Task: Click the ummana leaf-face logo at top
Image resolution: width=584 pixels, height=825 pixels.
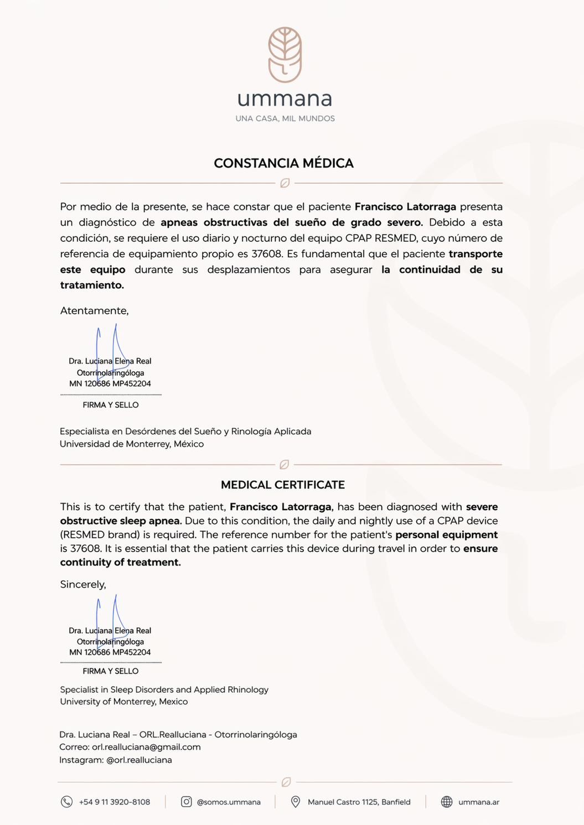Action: tap(285, 55)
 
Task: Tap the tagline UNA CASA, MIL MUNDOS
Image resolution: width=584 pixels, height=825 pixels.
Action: tap(285, 118)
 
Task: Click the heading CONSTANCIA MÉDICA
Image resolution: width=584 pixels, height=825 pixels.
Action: tap(283, 163)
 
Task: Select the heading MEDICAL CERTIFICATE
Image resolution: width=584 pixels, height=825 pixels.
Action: tap(283, 485)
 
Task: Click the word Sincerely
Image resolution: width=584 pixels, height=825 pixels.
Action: tap(83, 584)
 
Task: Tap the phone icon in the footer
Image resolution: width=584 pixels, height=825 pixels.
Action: tap(66, 802)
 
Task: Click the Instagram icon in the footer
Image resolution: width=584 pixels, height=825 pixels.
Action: tap(187, 802)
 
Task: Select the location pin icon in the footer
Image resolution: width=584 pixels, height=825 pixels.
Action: tap(296, 802)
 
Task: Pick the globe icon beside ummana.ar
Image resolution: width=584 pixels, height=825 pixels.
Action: tap(447, 802)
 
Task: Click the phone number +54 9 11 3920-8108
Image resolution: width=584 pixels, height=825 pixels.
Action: tap(115, 802)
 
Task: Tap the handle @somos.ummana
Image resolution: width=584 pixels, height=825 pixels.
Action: tap(229, 802)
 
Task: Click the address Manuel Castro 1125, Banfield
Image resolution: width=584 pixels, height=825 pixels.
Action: tap(359, 802)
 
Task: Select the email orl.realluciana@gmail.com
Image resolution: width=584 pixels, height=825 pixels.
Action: tap(146, 747)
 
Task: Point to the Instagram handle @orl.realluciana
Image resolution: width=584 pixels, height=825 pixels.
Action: tap(139, 760)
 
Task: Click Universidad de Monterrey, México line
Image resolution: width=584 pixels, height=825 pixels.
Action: tap(132, 444)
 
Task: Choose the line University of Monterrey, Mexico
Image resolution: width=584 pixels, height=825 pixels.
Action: tap(124, 702)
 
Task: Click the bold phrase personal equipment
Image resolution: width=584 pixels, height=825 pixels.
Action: tap(446, 535)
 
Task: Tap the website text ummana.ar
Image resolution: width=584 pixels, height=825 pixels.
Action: tap(479, 802)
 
